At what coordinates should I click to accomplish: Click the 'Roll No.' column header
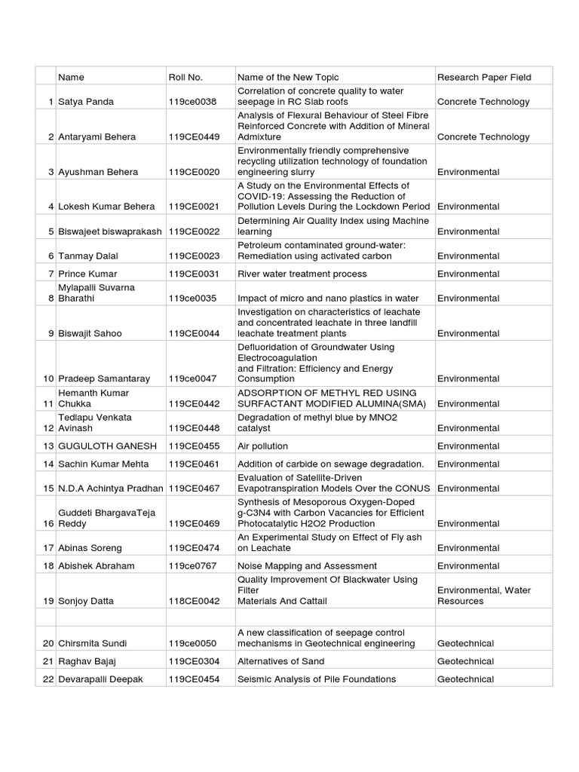[x=185, y=77]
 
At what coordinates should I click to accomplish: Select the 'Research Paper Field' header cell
[x=484, y=77]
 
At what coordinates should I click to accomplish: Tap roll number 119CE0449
[x=195, y=137]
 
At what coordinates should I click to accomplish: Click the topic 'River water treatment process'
[x=302, y=274]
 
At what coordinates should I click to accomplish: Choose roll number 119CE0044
[x=195, y=333]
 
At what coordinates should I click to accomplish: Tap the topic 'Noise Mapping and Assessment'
[x=307, y=566]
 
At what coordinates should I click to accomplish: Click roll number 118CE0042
[x=195, y=602]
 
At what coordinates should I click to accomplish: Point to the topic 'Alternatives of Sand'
[x=280, y=661]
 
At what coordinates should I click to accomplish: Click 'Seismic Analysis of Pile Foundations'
[x=317, y=679]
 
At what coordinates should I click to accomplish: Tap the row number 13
[x=48, y=446]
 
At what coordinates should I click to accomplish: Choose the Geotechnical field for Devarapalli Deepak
[x=465, y=679]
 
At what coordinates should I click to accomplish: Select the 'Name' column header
[x=71, y=77]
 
